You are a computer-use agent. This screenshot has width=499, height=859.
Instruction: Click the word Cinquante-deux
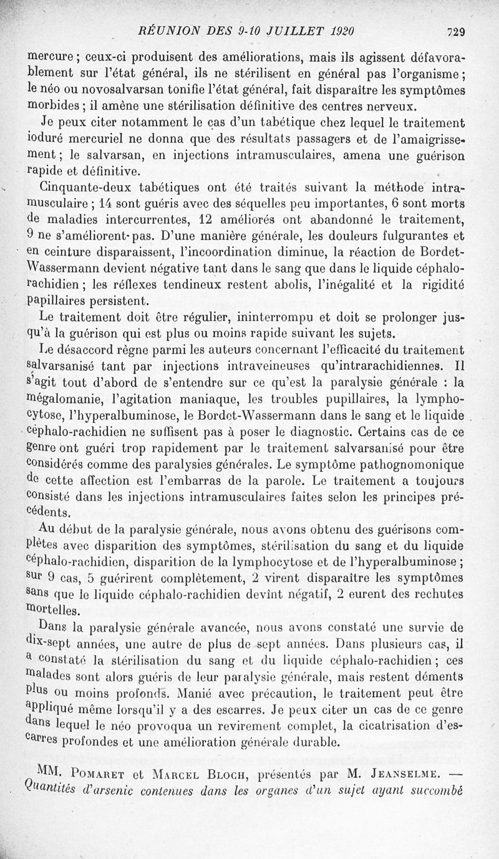click(x=83, y=187)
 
